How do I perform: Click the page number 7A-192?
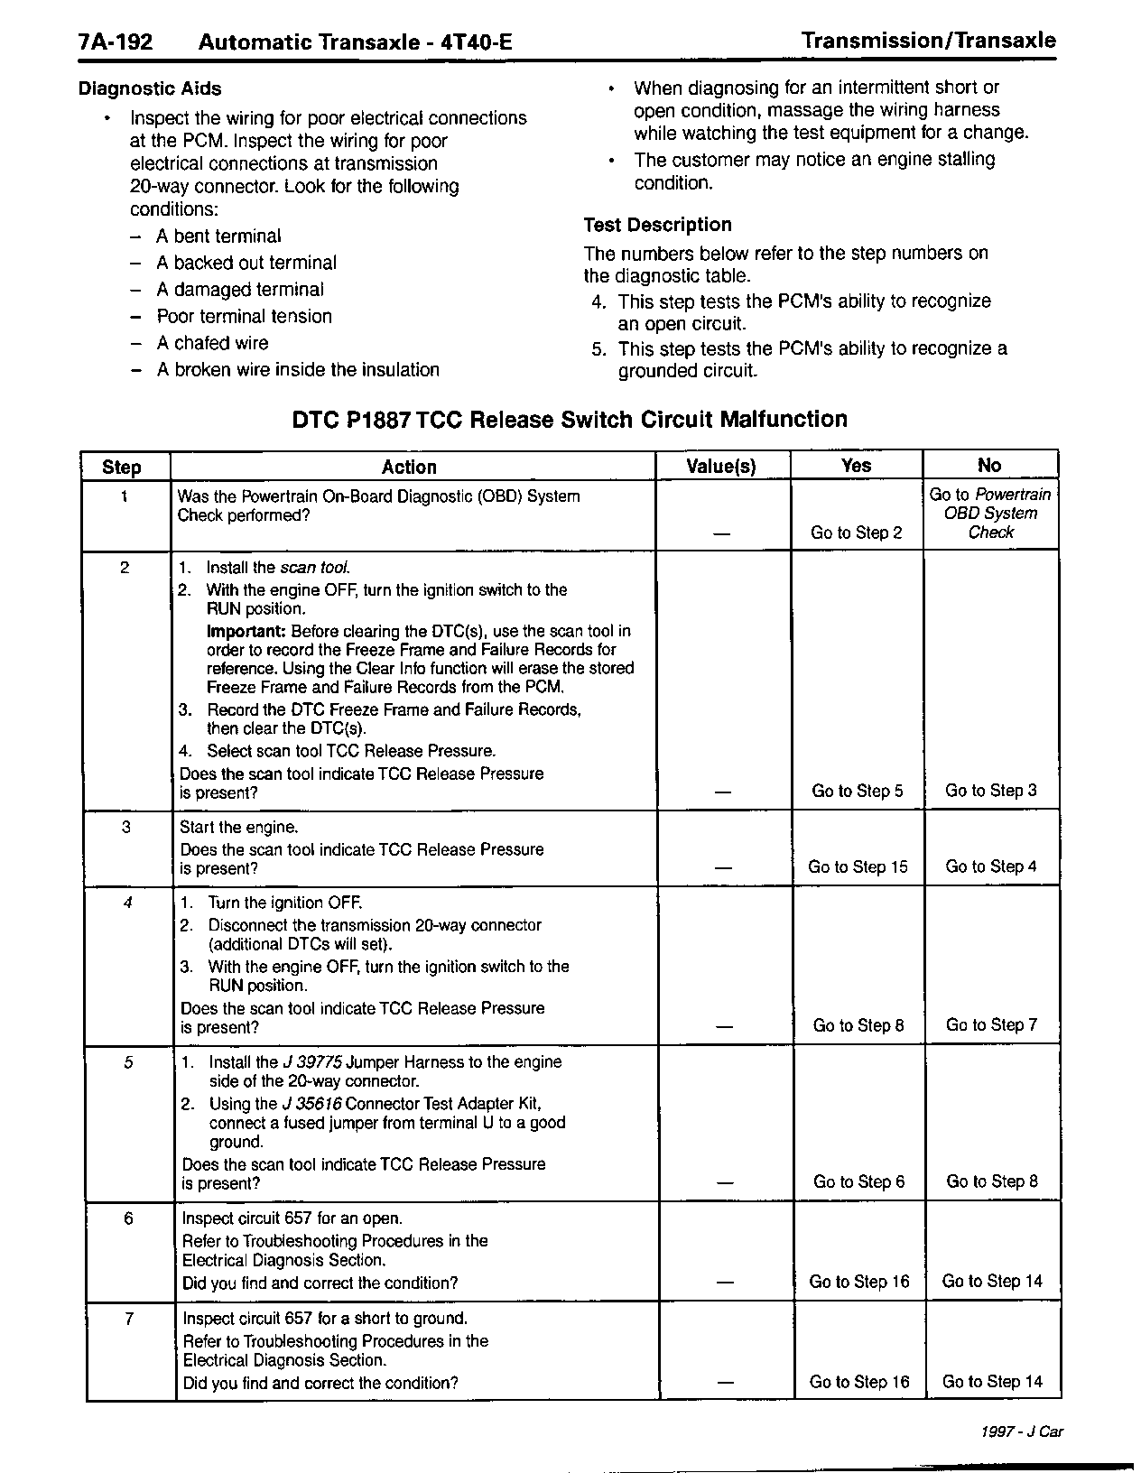click(x=116, y=42)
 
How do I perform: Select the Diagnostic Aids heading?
click(x=150, y=88)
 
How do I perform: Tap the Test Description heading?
click(x=657, y=225)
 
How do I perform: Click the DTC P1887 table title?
click(x=570, y=420)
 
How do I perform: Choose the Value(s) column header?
click(x=721, y=467)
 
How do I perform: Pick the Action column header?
click(x=409, y=467)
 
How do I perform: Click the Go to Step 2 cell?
click(x=856, y=533)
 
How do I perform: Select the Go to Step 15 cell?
click(x=858, y=866)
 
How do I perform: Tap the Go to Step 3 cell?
click(x=990, y=791)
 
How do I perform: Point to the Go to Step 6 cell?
click(x=858, y=1181)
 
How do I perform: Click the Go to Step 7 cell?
click(x=991, y=1024)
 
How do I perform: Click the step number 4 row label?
click(x=127, y=902)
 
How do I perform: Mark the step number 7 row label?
click(x=129, y=1319)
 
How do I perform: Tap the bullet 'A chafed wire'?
click(x=212, y=343)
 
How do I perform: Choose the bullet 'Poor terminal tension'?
click(x=244, y=316)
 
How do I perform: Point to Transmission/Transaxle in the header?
click(x=928, y=41)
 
